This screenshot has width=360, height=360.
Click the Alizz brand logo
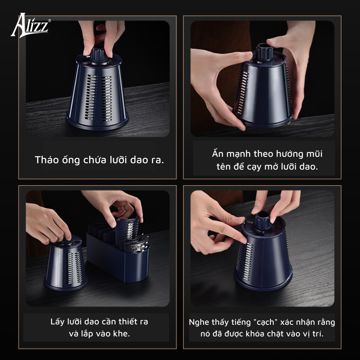30,25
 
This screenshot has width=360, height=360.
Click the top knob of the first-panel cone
99,55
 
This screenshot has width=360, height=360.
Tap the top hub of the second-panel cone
264,52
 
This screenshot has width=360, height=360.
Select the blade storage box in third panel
118,257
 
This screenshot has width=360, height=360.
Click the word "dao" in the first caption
139,160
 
